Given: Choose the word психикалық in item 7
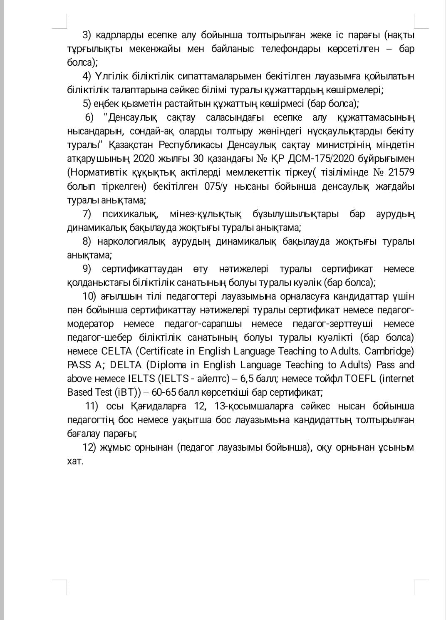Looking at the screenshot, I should [130, 214].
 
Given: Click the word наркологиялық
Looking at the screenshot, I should [131, 241].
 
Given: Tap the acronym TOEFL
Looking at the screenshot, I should [349, 378].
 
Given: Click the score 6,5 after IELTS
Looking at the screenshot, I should [247, 378].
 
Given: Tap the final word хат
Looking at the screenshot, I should [75, 461].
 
